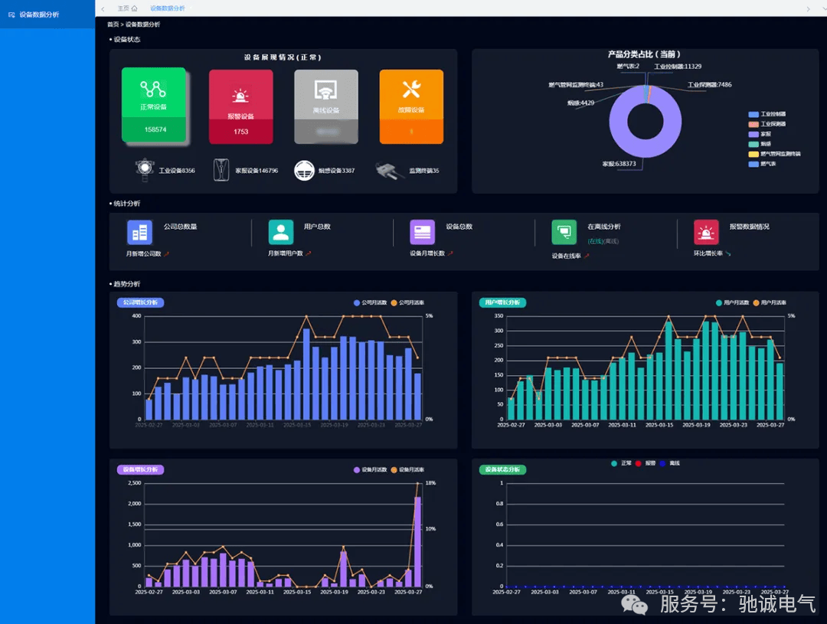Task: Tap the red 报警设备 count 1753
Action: click(x=241, y=132)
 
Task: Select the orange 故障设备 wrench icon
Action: click(x=411, y=90)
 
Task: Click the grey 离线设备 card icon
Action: click(x=326, y=90)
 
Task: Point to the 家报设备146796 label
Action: click(x=256, y=171)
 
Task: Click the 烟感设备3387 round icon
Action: click(x=305, y=170)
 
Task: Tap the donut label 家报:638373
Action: click(x=619, y=164)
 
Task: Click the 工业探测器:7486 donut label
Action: click(x=709, y=85)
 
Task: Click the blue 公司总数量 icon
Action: click(x=139, y=232)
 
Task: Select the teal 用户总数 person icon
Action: click(x=281, y=232)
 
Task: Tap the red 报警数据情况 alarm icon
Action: click(x=706, y=232)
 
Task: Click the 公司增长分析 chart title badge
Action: click(x=140, y=302)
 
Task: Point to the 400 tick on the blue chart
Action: click(x=137, y=315)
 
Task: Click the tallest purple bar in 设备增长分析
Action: click(x=417, y=540)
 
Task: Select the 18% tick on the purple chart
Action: click(x=430, y=483)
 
